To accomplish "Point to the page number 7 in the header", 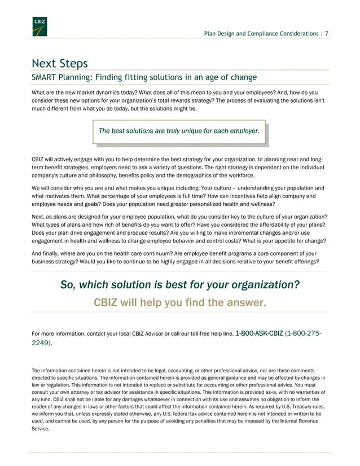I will click(x=327, y=34).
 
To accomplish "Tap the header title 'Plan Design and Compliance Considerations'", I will click(x=261, y=34).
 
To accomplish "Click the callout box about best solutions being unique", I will click(x=179, y=131).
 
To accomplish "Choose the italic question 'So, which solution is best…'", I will click(x=180, y=285).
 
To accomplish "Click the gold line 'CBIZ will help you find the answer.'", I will click(x=179, y=304).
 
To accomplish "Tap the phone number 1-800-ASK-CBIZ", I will click(x=260, y=334).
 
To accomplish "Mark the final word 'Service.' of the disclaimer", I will click(x=41, y=428).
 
